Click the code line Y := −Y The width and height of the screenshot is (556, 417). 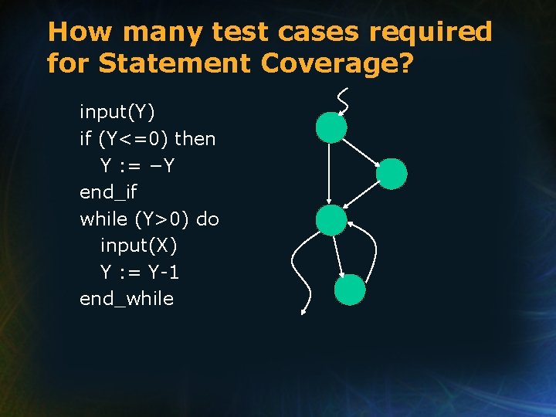140,165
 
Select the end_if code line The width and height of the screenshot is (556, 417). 109,192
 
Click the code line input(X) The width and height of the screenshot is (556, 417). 139,246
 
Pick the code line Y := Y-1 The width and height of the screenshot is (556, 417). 140,272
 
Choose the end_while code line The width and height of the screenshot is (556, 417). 127,299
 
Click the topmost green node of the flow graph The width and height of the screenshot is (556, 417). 331,127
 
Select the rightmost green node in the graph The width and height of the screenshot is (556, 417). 391,174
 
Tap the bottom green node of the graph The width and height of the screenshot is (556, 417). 350,290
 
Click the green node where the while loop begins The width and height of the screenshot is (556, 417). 331,219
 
